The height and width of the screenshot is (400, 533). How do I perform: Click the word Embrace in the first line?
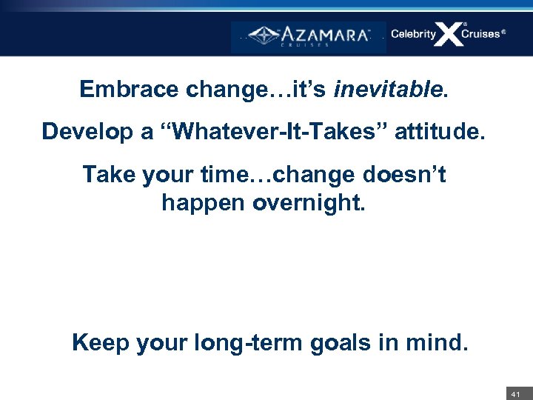[130, 90]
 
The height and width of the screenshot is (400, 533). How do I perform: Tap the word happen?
[203, 201]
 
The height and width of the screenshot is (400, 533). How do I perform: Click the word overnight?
[309, 201]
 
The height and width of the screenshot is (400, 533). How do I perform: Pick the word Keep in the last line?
[100, 342]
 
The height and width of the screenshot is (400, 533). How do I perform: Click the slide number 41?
[515, 393]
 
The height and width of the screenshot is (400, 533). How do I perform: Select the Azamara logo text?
[324, 35]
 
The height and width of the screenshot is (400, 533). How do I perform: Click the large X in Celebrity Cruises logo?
[449, 34]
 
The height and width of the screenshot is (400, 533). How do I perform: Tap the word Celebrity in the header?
[413, 34]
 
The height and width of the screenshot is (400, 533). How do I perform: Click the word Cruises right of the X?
[481, 34]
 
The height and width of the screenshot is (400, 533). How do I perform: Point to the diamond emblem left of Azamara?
[263, 35]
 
